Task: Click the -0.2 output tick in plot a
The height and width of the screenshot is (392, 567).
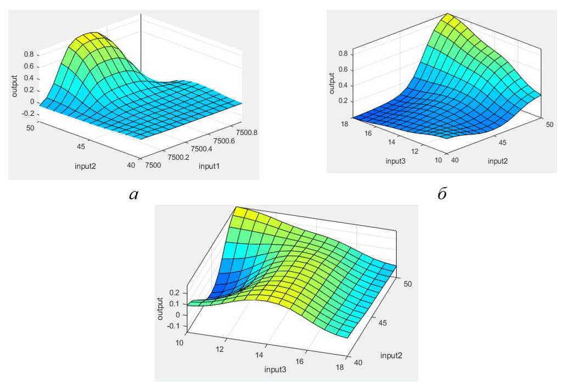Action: [28, 114]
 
